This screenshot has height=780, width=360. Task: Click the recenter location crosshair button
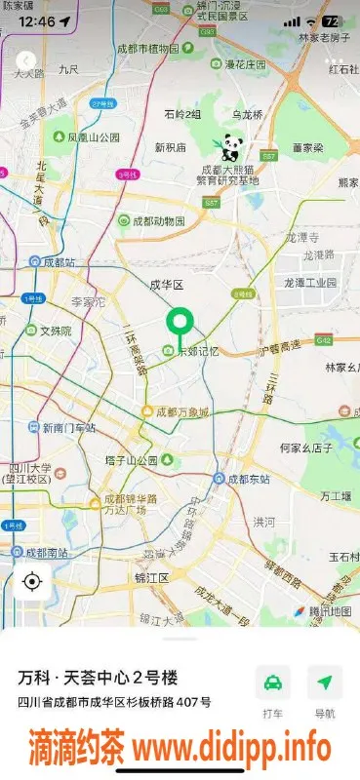[31, 582]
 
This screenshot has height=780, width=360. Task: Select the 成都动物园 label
[158, 221]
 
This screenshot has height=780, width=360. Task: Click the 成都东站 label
[252, 479]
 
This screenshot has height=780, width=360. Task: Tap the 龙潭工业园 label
[309, 282]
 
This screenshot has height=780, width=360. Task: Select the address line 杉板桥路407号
[115, 702]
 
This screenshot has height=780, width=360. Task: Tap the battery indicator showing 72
[332, 21]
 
